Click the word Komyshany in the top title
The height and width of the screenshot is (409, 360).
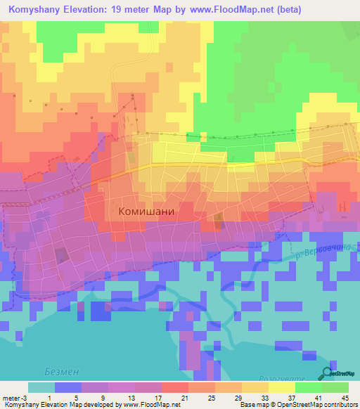click(37, 9)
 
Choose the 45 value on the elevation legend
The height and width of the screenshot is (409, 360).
click(345, 397)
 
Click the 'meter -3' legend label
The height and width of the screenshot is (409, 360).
click(13, 397)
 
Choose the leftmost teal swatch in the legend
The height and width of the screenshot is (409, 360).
click(41, 387)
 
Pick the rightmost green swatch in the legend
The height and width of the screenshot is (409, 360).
click(335, 387)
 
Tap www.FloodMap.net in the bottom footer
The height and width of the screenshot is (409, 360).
click(149, 405)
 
